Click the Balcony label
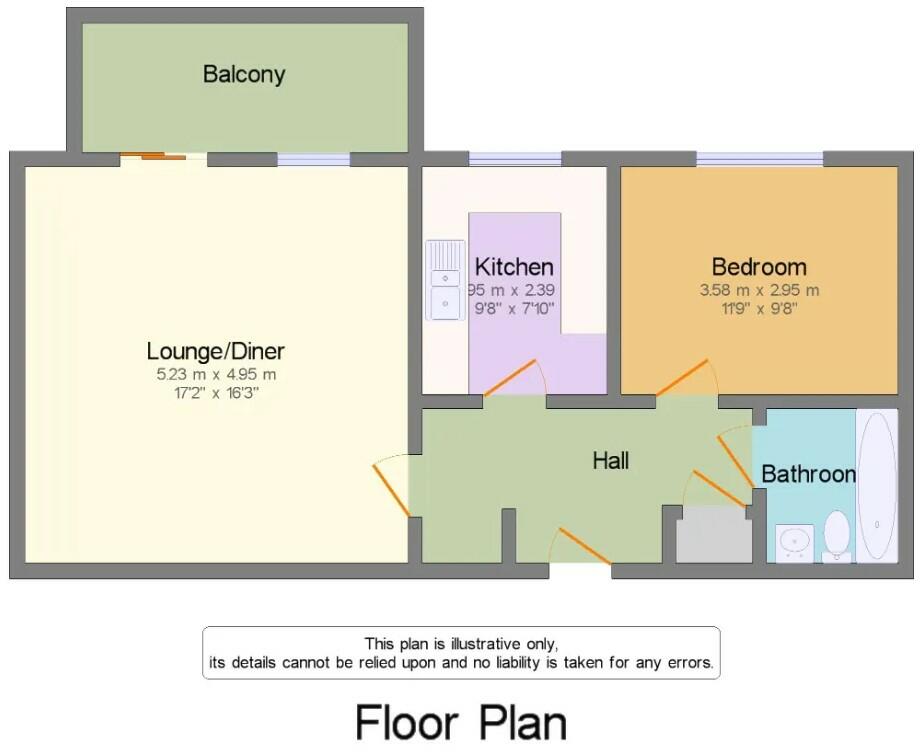point(244,74)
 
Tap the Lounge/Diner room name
point(215,351)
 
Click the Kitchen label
point(513,267)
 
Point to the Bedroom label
point(759,267)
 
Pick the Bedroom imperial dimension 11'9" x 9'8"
point(759,308)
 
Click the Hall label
point(611,461)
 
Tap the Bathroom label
point(808,474)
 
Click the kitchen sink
point(443,281)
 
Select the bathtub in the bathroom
point(877,484)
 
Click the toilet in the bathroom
point(836,534)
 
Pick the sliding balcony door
point(153,156)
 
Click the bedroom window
point(759,158)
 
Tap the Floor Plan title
point(461,721)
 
